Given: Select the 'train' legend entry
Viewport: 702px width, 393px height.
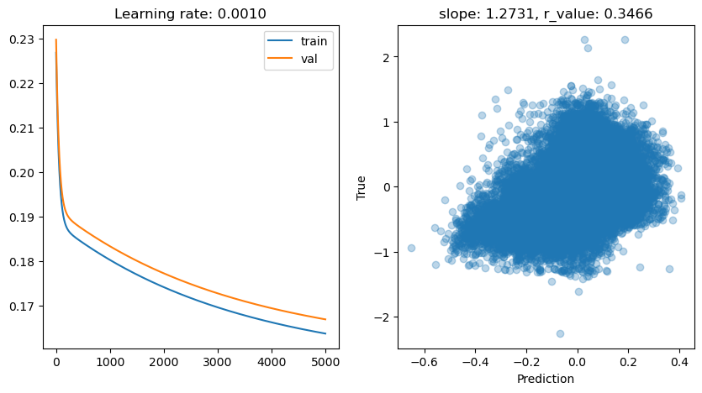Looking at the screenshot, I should pos(319,39).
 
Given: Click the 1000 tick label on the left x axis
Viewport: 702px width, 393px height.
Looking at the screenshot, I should pos(110,362).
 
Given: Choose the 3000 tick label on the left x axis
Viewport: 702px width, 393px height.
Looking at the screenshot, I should pos(218,362).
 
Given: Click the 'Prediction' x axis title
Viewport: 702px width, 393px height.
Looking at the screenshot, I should pos(546,379).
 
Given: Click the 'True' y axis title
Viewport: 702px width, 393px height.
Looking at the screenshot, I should pos(362,187).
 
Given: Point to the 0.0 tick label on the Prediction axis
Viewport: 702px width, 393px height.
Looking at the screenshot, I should pos(577,362).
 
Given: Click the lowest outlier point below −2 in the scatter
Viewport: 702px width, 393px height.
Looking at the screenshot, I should pos(560,333).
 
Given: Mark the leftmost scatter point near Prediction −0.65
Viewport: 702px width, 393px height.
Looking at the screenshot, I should pos(411,248).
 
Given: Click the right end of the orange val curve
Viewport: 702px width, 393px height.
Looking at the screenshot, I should pos(325,319).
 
